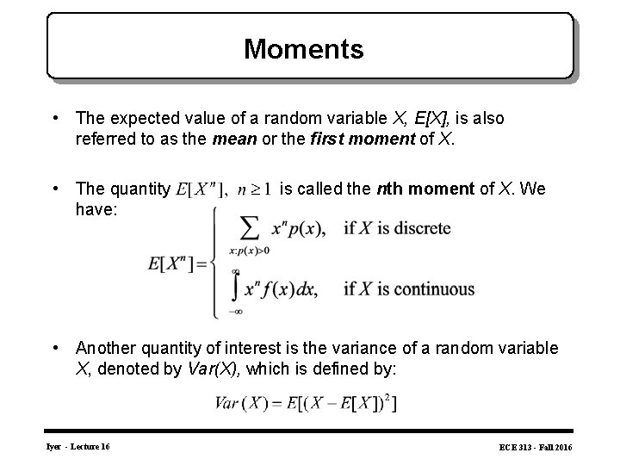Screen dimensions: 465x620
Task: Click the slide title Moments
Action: click(303, 48)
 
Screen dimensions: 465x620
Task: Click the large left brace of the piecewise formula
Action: click(215, 263)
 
